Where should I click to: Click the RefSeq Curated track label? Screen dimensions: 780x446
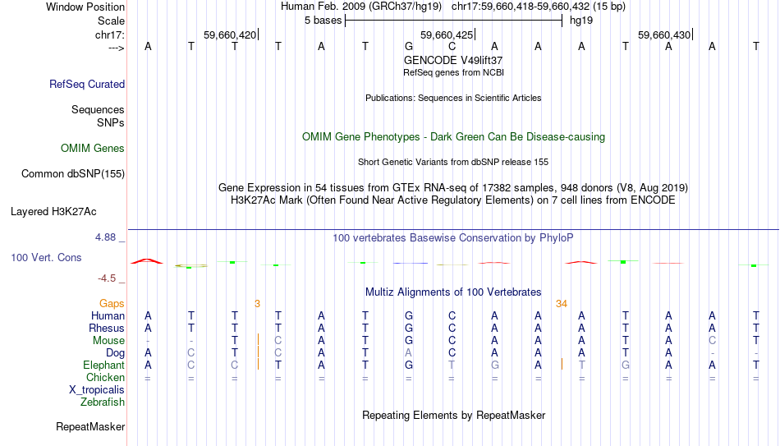(x=87, y=84)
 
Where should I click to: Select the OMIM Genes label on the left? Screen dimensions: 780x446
(x=93, y=149)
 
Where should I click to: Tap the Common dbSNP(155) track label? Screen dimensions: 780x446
(x=73, y=174)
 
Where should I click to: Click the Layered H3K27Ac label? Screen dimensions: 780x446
(x=53, y=212)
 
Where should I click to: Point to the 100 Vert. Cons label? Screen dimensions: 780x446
(x=46, y=257)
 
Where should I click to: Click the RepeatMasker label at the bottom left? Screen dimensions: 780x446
(x=90, y=426)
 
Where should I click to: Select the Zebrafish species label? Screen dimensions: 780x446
(x=103, y=402)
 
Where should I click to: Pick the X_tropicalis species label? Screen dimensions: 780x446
(x=97, y=390)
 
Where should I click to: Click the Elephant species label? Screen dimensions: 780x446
(x=103, y=365)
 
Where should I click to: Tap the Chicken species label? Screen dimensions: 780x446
(x=105, y=377)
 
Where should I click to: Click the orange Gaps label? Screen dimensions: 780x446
(x=112, y=304)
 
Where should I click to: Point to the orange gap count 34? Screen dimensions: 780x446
(x=562, y=304)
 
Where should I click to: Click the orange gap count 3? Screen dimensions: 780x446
(x=257, y=304)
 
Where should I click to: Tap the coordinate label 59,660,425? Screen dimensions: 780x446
(x=447, y=34)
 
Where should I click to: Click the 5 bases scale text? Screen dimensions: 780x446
(x=323, y=21)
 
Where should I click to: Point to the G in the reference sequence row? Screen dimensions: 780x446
(x=408, y=46)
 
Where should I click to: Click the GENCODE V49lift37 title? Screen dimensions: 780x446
(x=453, y=60)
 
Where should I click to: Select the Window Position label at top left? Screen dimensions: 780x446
(x=85, y=7)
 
